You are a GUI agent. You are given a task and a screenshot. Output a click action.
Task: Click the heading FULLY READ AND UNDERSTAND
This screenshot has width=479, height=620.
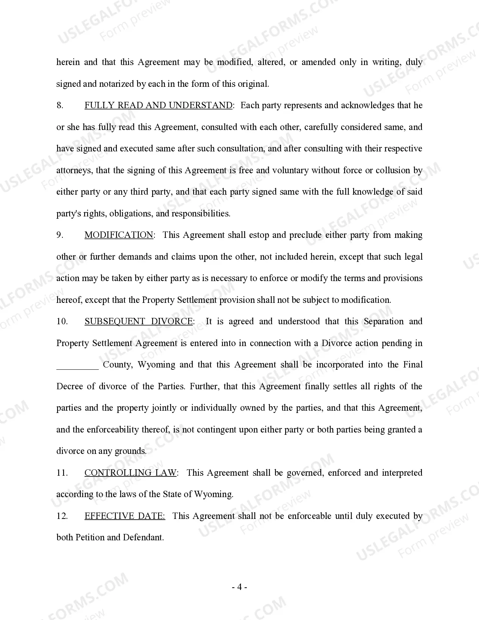click(x=158, y=106)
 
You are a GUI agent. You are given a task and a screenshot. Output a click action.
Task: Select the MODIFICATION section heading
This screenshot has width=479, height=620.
click(x=119, y=235)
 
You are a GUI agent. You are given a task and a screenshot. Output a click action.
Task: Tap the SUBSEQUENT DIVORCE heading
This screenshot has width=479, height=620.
click(x=139, y=322)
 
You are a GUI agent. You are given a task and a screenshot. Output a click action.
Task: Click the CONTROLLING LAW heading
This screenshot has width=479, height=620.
click(x=130, y=473)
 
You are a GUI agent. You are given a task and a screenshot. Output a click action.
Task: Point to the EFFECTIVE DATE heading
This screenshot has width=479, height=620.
click(x=125, y=516)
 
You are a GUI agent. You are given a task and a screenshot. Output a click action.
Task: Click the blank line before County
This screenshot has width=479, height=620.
click(x=77, y=365)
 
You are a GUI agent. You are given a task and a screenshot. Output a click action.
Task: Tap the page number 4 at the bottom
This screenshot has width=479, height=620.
click(x=239, y=587)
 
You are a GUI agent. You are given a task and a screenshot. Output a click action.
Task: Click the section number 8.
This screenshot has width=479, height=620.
click(x=60, y=106)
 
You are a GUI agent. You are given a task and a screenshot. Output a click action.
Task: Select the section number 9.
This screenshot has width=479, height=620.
click(x=60, y=235)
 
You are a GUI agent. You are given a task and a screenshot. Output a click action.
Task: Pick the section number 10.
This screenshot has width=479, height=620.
click(x=62, y=322)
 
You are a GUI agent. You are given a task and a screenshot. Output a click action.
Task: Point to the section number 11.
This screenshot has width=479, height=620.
click(x=62, y=473)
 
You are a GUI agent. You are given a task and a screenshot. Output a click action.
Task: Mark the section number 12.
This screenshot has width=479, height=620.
click(x=62, y=516)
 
